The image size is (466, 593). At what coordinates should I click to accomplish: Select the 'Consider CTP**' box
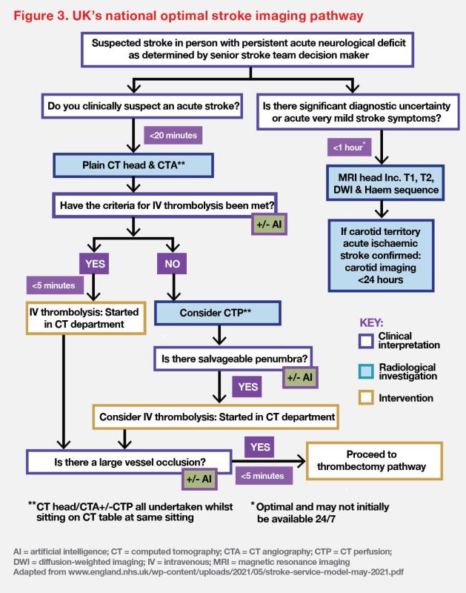pos(217,314)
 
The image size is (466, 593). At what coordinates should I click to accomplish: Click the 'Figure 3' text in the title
pos(44,15)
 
